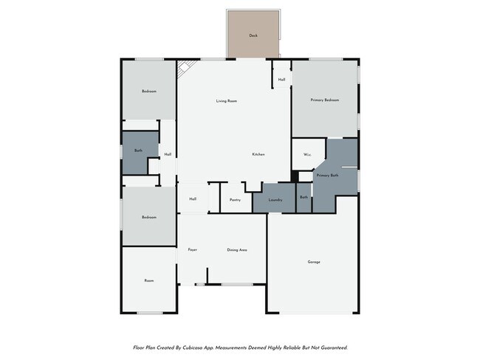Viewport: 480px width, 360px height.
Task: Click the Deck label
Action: tap(253, 35)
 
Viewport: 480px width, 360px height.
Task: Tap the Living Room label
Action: tap(226, 101)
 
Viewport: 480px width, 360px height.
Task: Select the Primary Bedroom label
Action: tap(325, 100)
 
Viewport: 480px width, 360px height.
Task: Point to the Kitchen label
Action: tap(258, 154)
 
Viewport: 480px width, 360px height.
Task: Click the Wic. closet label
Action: tap(306, 156)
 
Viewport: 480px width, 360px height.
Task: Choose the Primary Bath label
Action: tap(327, 176)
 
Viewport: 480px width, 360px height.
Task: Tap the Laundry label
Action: tap(276, 199)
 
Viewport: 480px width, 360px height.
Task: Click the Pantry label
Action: tap(235, 199)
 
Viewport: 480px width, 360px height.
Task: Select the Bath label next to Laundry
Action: tap(304, 197)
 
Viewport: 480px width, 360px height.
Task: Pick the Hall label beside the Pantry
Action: tap(193, 199)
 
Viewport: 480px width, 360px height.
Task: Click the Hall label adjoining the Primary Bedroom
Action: tap(282, 80)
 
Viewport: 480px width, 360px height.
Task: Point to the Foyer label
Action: tap(193, 250)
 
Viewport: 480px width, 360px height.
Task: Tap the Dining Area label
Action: tap(236, 250)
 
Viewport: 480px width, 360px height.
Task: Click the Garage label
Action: tap(314, 263)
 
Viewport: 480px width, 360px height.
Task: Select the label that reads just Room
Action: tap(148, 280)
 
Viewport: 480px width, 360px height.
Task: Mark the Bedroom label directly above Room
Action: tap(149, 217)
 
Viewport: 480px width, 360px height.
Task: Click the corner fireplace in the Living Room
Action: tap(183, 67)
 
